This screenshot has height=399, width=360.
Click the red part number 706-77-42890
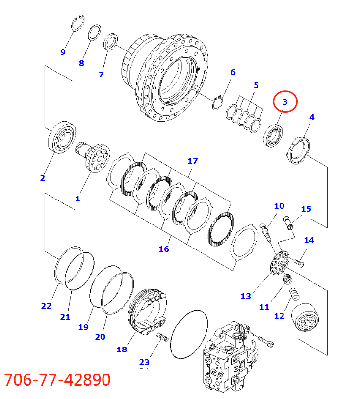click(x=57, y=380)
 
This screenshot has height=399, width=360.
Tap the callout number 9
click(x=63, y=52)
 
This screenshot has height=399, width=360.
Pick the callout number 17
click(x=192, y=161)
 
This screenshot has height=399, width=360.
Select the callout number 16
click(x=163, y=249)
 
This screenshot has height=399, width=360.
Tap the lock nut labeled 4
click(x=299, y=150)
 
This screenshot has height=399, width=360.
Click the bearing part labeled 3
click(x=273, y=134)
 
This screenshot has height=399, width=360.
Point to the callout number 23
click(x=144, y=362)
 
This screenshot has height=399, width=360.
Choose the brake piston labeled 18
click(x=148, y=314)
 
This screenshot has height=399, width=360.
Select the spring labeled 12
click(x=295, y=295)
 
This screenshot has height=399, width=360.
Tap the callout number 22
click(x=46, y=306)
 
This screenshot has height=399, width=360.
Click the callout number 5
click(x=256, y=85)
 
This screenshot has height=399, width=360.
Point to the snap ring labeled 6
click(x=219, y=102)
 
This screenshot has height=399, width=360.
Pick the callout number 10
click(x=279, y=206)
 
